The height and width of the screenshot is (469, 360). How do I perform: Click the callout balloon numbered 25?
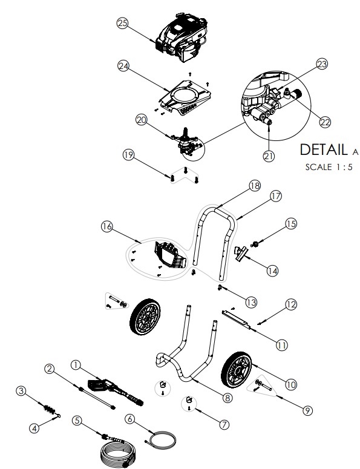(123, 22)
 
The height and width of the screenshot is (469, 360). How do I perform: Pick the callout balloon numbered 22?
(325, 122)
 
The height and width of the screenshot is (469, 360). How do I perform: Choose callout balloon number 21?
(269, 156)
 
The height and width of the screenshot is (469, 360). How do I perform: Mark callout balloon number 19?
(128, 155)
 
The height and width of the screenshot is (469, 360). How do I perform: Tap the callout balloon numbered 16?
(107, 226)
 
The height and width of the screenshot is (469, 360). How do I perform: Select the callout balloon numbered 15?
(291, 224)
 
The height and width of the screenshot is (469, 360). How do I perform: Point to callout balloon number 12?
(291, 304)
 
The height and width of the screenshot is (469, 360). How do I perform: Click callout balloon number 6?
(129, 419)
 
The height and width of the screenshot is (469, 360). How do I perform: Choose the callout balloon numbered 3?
(21, 392)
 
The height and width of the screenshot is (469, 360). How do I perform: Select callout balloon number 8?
(227, 398)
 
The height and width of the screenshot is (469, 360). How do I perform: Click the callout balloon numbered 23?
(321, 64)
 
